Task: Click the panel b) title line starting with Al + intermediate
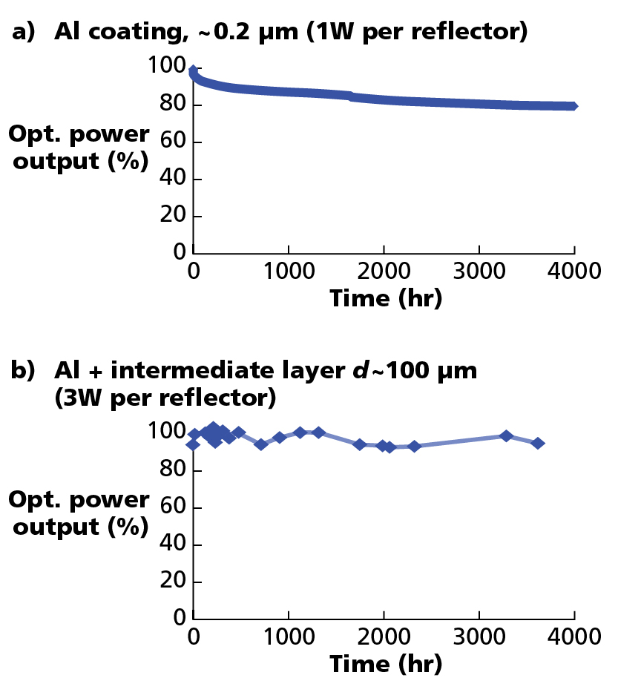tap(266, 371)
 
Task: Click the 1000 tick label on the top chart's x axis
tap(289, 271)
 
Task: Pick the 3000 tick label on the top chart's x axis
tap(479, 271)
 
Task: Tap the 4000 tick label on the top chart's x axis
tap(575, 271)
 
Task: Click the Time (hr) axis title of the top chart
tap(385, 298)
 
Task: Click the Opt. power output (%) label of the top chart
tap(79, 148)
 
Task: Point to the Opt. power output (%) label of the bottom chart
tap(79, 513)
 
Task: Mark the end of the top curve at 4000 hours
tap(573, 106)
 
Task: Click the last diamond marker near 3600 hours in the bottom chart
tap(538, 443)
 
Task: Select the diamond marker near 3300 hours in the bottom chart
tap(507, 436)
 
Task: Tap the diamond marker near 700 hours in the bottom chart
tap(260, 444)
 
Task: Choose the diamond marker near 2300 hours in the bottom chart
tap(414, 446)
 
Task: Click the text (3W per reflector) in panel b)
tap(165, 398)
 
